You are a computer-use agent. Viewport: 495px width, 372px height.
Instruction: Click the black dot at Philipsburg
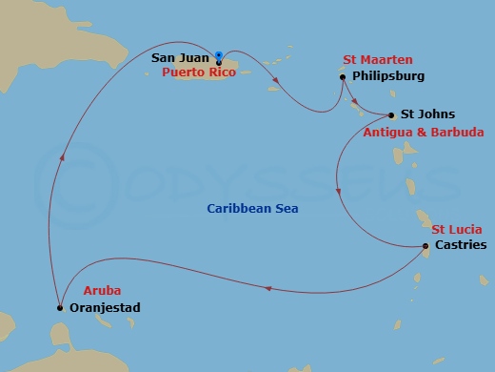[342, 76]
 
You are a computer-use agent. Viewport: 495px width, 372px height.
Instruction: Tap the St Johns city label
[422, 114]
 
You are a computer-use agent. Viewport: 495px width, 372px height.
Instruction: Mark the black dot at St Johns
[391, 115]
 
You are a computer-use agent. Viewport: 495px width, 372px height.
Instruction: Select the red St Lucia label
[457, 229]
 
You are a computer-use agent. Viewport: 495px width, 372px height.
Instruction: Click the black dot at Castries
[425, 247]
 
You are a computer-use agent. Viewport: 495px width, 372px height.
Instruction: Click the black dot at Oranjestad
[59, 307]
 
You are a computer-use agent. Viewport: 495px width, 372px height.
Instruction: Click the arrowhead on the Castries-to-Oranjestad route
[268, 288]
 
